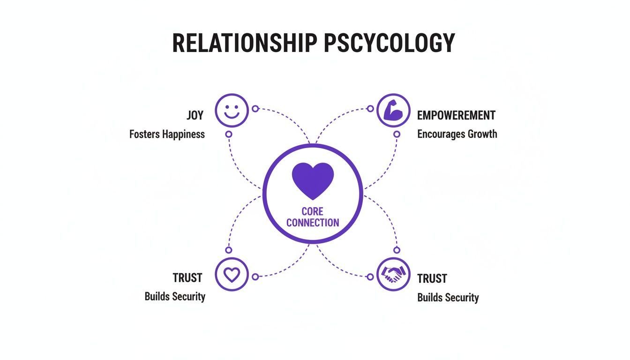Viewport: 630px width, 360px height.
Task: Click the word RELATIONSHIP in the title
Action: coord(245,43)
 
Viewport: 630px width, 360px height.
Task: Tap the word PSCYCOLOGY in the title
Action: coord(389,43)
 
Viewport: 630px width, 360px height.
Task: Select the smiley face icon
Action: coord(232,111)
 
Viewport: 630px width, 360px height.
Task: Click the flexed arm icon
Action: coord(393,111)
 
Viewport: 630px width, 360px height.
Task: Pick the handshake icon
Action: coord(393,274)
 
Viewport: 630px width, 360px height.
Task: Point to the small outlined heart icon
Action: coord(232,274)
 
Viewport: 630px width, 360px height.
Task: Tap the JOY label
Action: coord(195,115)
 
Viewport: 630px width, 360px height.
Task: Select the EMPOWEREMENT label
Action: coord(456,115)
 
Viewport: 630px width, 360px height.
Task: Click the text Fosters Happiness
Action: coord(167,134)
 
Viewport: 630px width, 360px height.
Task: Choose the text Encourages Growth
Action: coord(457,134)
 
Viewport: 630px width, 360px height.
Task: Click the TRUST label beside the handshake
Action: coord(432,278)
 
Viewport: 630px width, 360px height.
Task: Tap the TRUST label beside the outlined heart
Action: coord(187,277)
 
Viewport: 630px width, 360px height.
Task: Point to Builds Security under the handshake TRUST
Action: coord(448,298)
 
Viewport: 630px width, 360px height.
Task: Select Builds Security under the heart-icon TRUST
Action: coord(175,296)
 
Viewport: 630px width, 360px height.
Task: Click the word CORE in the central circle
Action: coord(313,211)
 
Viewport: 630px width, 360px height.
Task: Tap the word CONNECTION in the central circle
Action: coord(313,223)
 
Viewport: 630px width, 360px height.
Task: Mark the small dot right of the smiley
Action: coord(255,109)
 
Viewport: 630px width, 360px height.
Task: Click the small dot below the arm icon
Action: coord(397,134)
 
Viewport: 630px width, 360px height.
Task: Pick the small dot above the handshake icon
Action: coord(397,250)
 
